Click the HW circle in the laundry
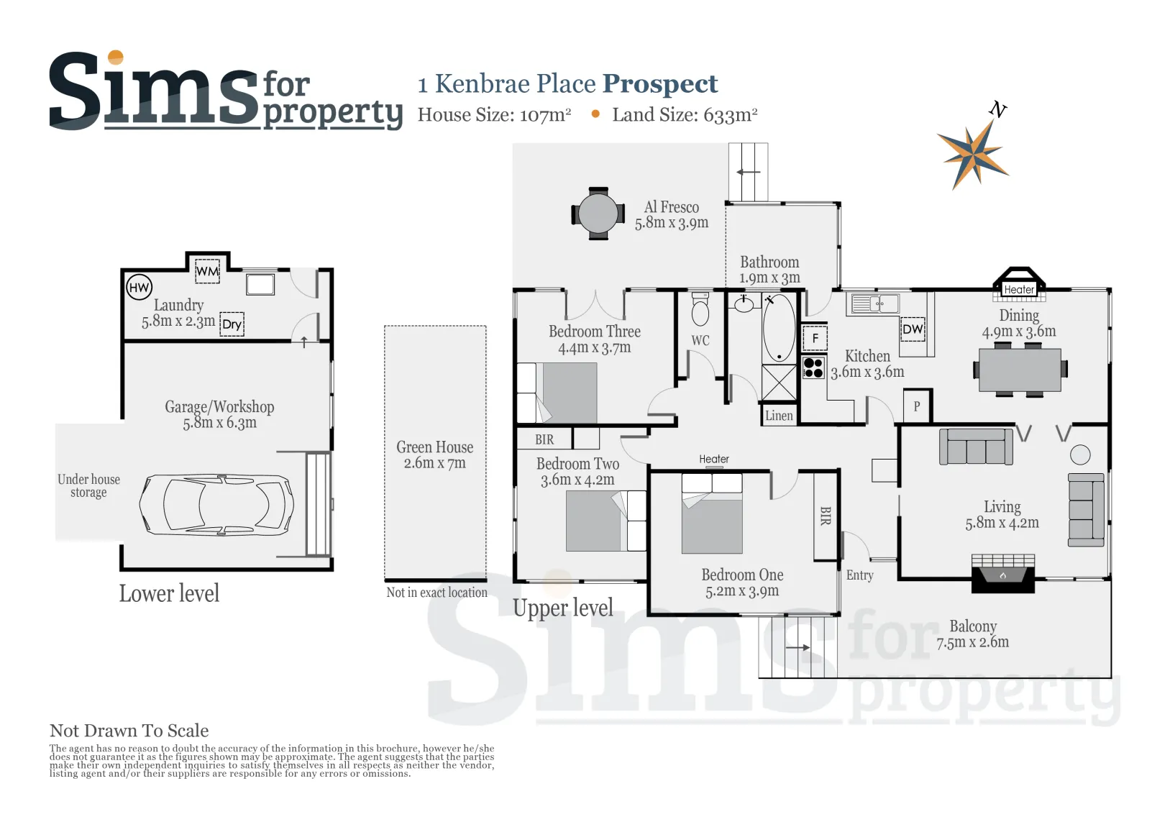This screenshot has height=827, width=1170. click(139, 287)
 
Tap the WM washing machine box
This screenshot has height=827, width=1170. click(207, 271)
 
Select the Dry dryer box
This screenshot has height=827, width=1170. click(232, 324)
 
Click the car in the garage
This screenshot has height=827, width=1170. click(216, 505)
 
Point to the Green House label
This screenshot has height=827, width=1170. click(434, 447)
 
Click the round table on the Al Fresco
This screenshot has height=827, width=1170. click(598, 213)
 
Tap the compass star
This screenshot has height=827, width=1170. click(973, 155)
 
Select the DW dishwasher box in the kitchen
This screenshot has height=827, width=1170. click(913, 329)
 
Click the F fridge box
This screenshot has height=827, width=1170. click(815, 338)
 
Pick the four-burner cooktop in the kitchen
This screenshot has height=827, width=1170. click(813, 367)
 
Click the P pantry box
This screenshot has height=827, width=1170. click(917, 406)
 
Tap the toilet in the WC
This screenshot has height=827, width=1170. click(700, 309)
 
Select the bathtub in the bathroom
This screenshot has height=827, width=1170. click(779, 328)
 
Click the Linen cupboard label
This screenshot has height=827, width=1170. click(779, 416)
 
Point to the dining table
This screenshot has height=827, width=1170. click(1020, 370)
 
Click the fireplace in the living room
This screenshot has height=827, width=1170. click(1003, 573)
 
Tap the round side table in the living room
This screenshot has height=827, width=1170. click(1080, 454)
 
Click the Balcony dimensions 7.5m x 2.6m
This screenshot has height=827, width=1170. click(972, 642)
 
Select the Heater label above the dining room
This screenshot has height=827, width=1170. click(1018, 289)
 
